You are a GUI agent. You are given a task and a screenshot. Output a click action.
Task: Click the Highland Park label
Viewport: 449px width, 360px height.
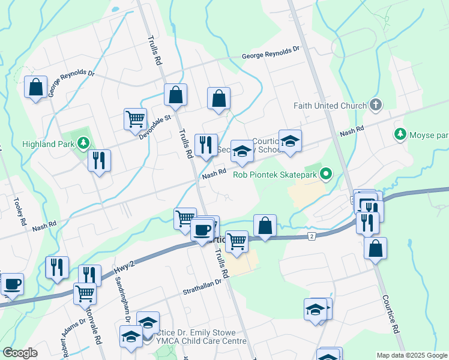[47, 144]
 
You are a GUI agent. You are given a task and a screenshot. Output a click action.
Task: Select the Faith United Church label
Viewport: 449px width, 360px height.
[330, 106]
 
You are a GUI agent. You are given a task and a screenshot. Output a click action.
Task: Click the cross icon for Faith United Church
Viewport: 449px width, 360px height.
[376, 106]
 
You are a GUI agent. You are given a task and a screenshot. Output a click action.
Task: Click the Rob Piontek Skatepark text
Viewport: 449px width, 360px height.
[271, 175]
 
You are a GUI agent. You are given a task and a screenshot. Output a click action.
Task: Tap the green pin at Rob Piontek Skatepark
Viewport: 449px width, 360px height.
[326, 175]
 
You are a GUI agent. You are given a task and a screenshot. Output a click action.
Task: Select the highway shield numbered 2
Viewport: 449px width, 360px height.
[311, 236]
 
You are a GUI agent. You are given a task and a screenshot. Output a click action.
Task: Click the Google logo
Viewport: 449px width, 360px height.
[20, 353]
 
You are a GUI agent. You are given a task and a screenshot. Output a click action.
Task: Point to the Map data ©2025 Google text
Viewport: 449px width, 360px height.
[411, 355]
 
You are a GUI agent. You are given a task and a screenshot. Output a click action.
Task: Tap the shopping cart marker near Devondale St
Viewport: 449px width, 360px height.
[135, 118]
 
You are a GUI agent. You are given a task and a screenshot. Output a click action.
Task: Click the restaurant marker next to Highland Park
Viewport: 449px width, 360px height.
[99, 160]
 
